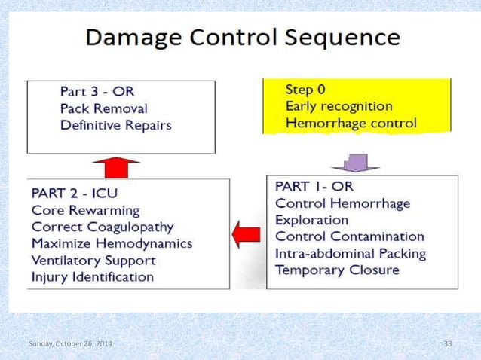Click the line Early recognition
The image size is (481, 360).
tap(339, 106)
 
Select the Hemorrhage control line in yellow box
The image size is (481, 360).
tap(351, 124)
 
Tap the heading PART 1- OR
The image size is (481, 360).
tap(313, 185)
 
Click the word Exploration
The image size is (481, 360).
tap(311, 220)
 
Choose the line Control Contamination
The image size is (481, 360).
tap(349, 236)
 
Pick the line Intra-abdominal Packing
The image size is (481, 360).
tap(351, 254)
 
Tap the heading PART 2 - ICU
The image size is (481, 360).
tap(75, 192)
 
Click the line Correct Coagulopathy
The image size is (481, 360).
tap(103, 226)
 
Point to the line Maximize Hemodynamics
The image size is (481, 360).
tap(112, 243)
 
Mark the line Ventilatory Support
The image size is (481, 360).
tap(94, 260)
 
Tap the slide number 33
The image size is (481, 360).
tap(448, 344)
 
